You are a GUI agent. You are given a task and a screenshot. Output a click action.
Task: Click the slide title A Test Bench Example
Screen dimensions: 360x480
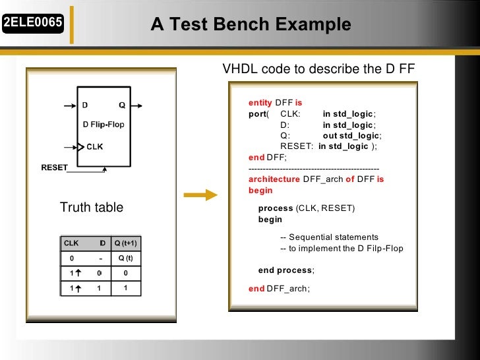point(251,25)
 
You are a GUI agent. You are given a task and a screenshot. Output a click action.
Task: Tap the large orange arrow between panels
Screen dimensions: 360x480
point(200,195)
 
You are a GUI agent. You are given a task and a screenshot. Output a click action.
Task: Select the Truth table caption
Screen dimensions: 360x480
point(92,208)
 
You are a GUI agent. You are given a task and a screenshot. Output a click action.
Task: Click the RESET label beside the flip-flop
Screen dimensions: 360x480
point(54,167)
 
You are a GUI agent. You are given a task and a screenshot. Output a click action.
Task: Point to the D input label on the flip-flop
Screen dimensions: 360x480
point(85,105)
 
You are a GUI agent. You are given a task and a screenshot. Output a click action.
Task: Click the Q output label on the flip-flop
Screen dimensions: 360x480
point(122,105)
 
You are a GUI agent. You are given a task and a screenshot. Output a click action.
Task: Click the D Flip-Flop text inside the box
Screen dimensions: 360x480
point(102,124)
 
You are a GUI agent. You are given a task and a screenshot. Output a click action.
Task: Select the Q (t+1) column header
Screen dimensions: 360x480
point(125,243)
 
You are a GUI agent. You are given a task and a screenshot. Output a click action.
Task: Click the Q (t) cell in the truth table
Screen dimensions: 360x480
point(125,258)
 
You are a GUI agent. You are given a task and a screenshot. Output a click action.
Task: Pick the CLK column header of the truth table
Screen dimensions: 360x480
point(71,243)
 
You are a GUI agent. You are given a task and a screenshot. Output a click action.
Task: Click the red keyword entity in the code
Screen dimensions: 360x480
point(260,103)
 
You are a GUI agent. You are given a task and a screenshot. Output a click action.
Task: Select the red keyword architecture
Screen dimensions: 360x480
point(274,179)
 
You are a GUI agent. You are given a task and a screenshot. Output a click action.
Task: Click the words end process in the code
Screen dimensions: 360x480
point(285,270)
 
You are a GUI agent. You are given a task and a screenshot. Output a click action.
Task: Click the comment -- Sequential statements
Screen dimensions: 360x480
point(329,237)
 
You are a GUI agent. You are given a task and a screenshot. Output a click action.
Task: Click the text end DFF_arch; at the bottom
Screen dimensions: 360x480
point(279,288)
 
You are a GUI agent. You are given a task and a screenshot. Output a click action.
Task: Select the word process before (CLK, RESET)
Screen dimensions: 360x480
point(276,208)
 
